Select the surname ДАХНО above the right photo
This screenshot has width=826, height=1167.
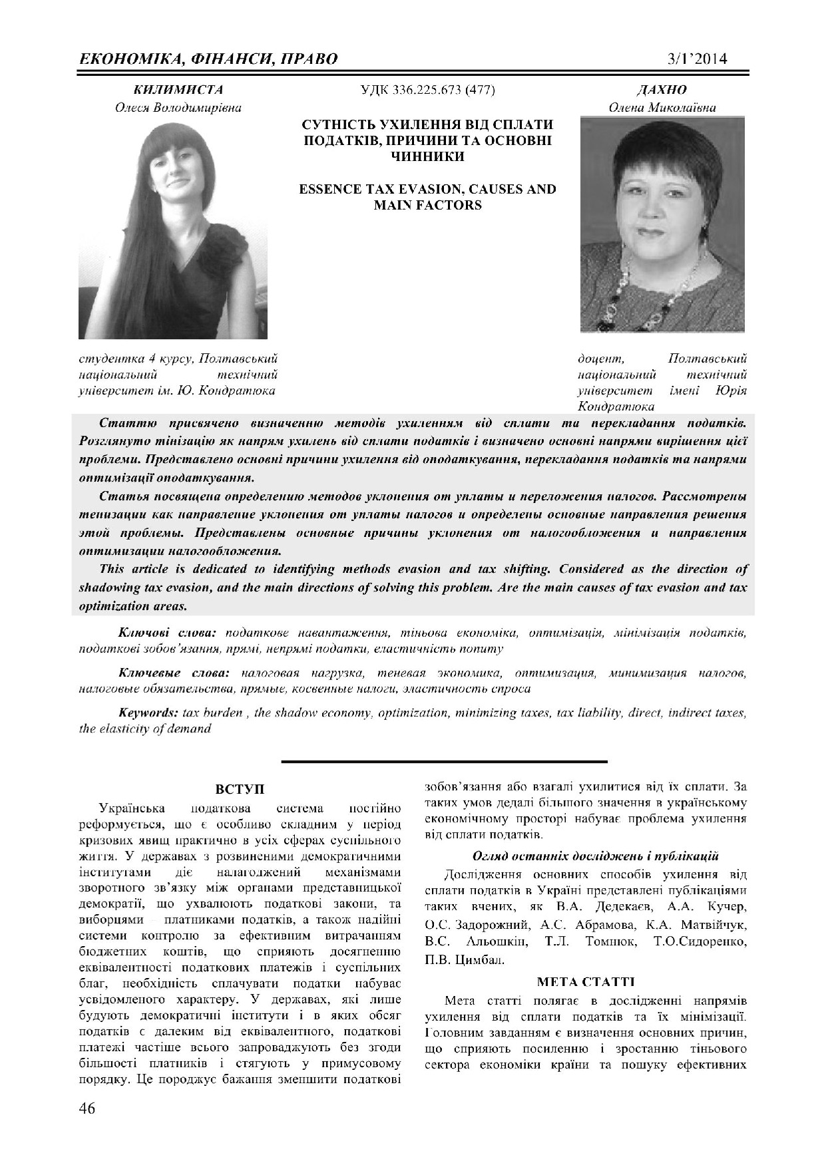662,90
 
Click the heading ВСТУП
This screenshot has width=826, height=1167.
240,789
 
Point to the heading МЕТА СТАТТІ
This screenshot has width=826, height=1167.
585,981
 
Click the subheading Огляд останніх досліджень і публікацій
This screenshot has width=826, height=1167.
586,856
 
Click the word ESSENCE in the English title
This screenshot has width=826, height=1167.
330,190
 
